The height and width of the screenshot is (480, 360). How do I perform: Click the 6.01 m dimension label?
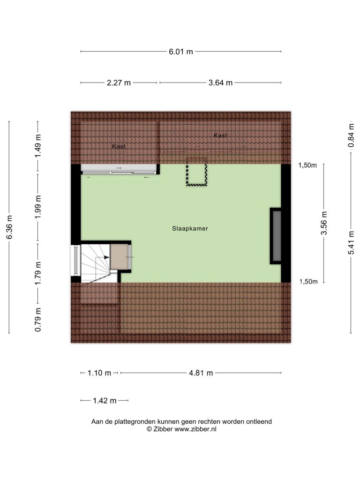point(181,52)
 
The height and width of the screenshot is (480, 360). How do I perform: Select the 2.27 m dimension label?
point(119,82)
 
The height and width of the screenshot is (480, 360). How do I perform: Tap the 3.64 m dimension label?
point(220,82)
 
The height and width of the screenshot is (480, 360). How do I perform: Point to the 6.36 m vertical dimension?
point(9,227)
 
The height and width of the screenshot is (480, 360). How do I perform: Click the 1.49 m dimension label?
point(37,146)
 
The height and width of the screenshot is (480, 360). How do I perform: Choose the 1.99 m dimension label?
point(37,207)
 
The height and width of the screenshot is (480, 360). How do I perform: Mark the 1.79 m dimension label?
point(37,273)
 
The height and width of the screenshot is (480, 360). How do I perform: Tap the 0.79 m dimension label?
point(37,320)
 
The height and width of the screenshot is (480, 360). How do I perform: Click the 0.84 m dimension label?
point(351,135)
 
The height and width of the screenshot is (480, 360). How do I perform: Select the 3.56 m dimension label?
point(324,223)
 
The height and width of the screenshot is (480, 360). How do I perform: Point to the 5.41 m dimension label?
point(351,243)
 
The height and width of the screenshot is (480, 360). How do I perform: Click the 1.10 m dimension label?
point(99,373)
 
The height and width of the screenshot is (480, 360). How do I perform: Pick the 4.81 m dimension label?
point(201,373)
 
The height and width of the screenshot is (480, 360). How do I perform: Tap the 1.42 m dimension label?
point(105,400)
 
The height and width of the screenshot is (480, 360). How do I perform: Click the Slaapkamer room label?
point(190,228)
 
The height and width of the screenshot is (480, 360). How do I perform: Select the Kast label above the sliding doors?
point(119,146)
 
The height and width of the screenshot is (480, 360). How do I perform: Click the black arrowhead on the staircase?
point(106,257)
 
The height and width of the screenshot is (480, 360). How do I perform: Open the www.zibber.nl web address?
point(195,429)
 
